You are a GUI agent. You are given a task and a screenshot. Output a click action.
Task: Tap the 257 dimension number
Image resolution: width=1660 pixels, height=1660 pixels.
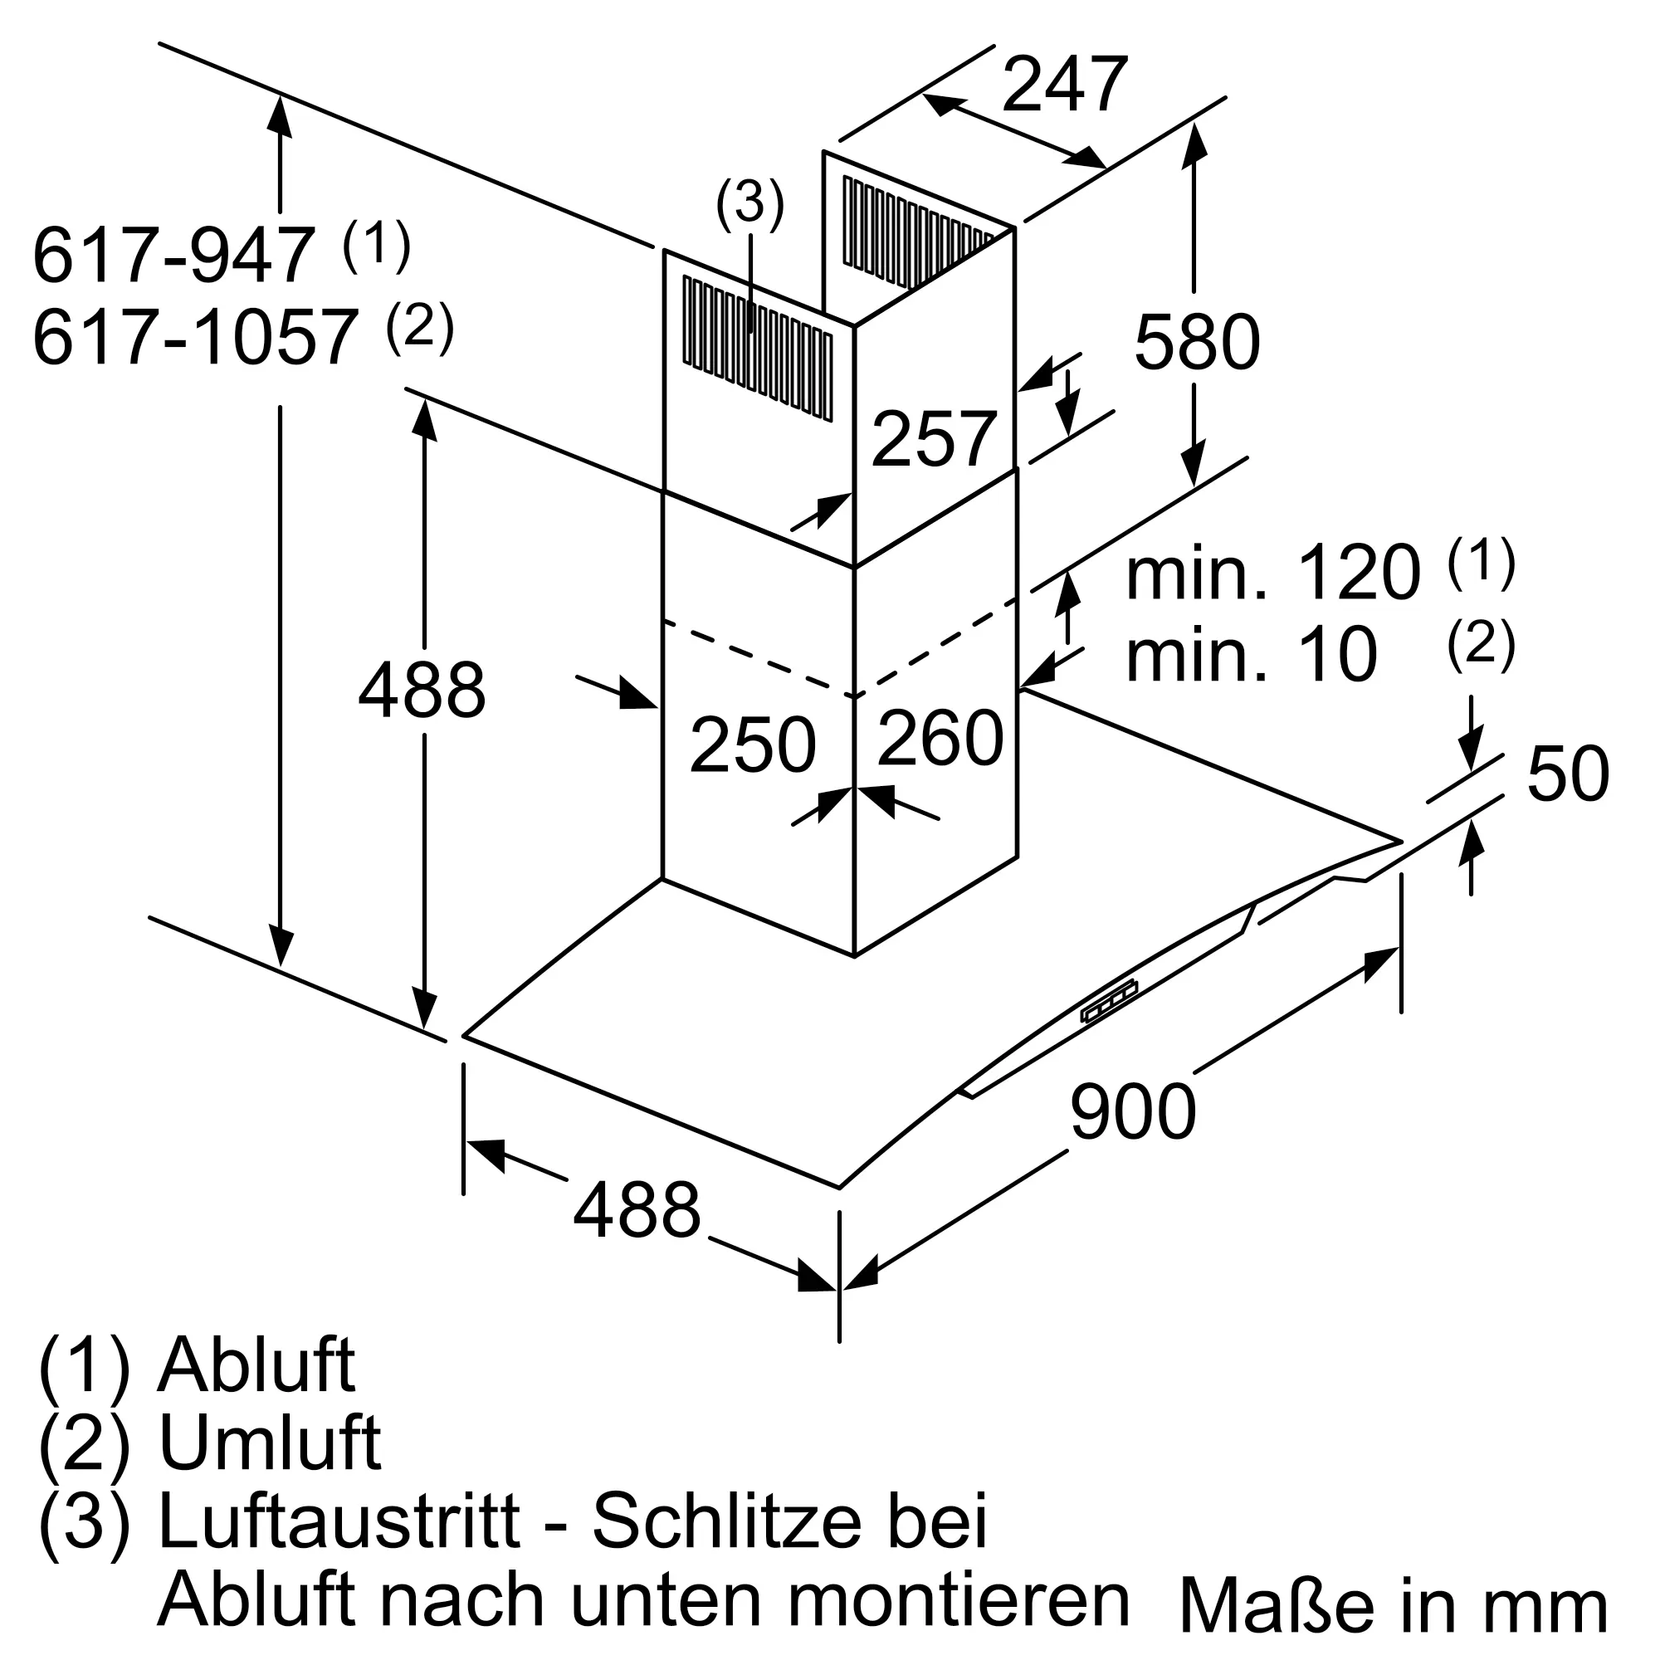coord(933,440)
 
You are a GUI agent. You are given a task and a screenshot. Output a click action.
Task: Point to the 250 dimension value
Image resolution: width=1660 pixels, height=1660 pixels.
coord(752,745)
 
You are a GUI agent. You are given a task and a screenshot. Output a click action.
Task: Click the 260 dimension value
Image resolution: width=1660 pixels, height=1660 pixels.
coord(940,737)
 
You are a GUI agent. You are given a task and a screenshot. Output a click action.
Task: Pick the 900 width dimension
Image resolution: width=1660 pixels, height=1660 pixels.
coord(1132,1111)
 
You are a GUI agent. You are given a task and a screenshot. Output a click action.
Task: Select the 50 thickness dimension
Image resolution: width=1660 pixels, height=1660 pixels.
coord(1567,774)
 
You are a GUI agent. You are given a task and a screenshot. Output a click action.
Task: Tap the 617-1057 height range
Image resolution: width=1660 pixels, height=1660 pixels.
coord(194,338)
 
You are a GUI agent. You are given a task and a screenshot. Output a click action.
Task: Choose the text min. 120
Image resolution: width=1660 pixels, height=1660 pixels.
coord(1273,573)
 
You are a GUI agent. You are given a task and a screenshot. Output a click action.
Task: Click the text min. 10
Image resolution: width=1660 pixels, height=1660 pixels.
coord(1251,655)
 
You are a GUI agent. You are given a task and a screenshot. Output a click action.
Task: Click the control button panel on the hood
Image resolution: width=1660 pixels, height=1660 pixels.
coord(1108,1003)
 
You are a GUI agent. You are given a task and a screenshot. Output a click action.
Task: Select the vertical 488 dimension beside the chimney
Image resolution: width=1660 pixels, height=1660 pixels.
coord(421,691)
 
